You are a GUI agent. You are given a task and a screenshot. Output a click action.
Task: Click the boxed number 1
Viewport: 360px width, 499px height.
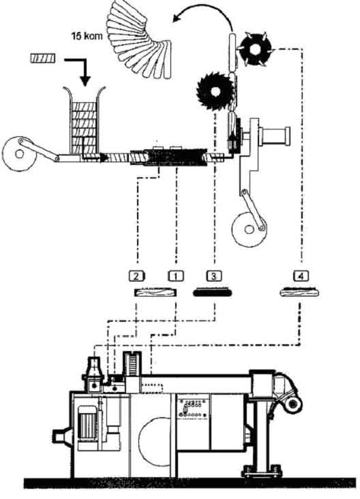(176, 275)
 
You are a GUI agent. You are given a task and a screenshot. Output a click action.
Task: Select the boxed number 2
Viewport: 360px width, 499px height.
(137, 275)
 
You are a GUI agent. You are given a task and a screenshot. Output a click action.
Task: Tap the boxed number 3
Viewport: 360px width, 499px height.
(214, 275)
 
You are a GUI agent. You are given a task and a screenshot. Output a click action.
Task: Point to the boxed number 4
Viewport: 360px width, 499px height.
(301, 275)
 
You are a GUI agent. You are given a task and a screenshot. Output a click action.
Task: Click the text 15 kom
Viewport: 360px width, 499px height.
(87, 35)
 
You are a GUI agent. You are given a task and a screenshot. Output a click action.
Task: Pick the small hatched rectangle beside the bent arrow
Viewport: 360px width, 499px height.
(43, 58)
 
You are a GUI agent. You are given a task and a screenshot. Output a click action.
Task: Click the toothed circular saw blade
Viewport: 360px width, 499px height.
(215, 91)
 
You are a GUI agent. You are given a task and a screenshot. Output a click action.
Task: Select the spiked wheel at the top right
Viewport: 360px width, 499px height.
(256, 49)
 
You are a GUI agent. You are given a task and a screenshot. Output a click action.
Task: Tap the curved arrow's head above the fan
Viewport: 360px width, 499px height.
(177, 18)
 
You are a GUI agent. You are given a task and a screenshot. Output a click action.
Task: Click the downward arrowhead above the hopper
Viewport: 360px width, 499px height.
(85, 80)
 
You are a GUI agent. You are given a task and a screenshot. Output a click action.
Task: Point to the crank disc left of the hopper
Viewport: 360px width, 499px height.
(20, 154)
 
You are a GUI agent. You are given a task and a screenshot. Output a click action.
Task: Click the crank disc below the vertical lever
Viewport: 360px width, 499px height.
(250, 229)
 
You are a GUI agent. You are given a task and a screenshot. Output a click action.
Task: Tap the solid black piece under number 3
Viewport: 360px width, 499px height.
(212, 292)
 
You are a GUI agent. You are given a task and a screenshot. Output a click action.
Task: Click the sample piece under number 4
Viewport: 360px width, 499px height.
(299, 292)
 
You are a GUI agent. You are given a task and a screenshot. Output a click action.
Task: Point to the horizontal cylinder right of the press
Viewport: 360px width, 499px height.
(274, 136)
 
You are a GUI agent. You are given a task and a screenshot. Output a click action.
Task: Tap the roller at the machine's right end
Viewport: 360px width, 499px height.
(293, 404)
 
